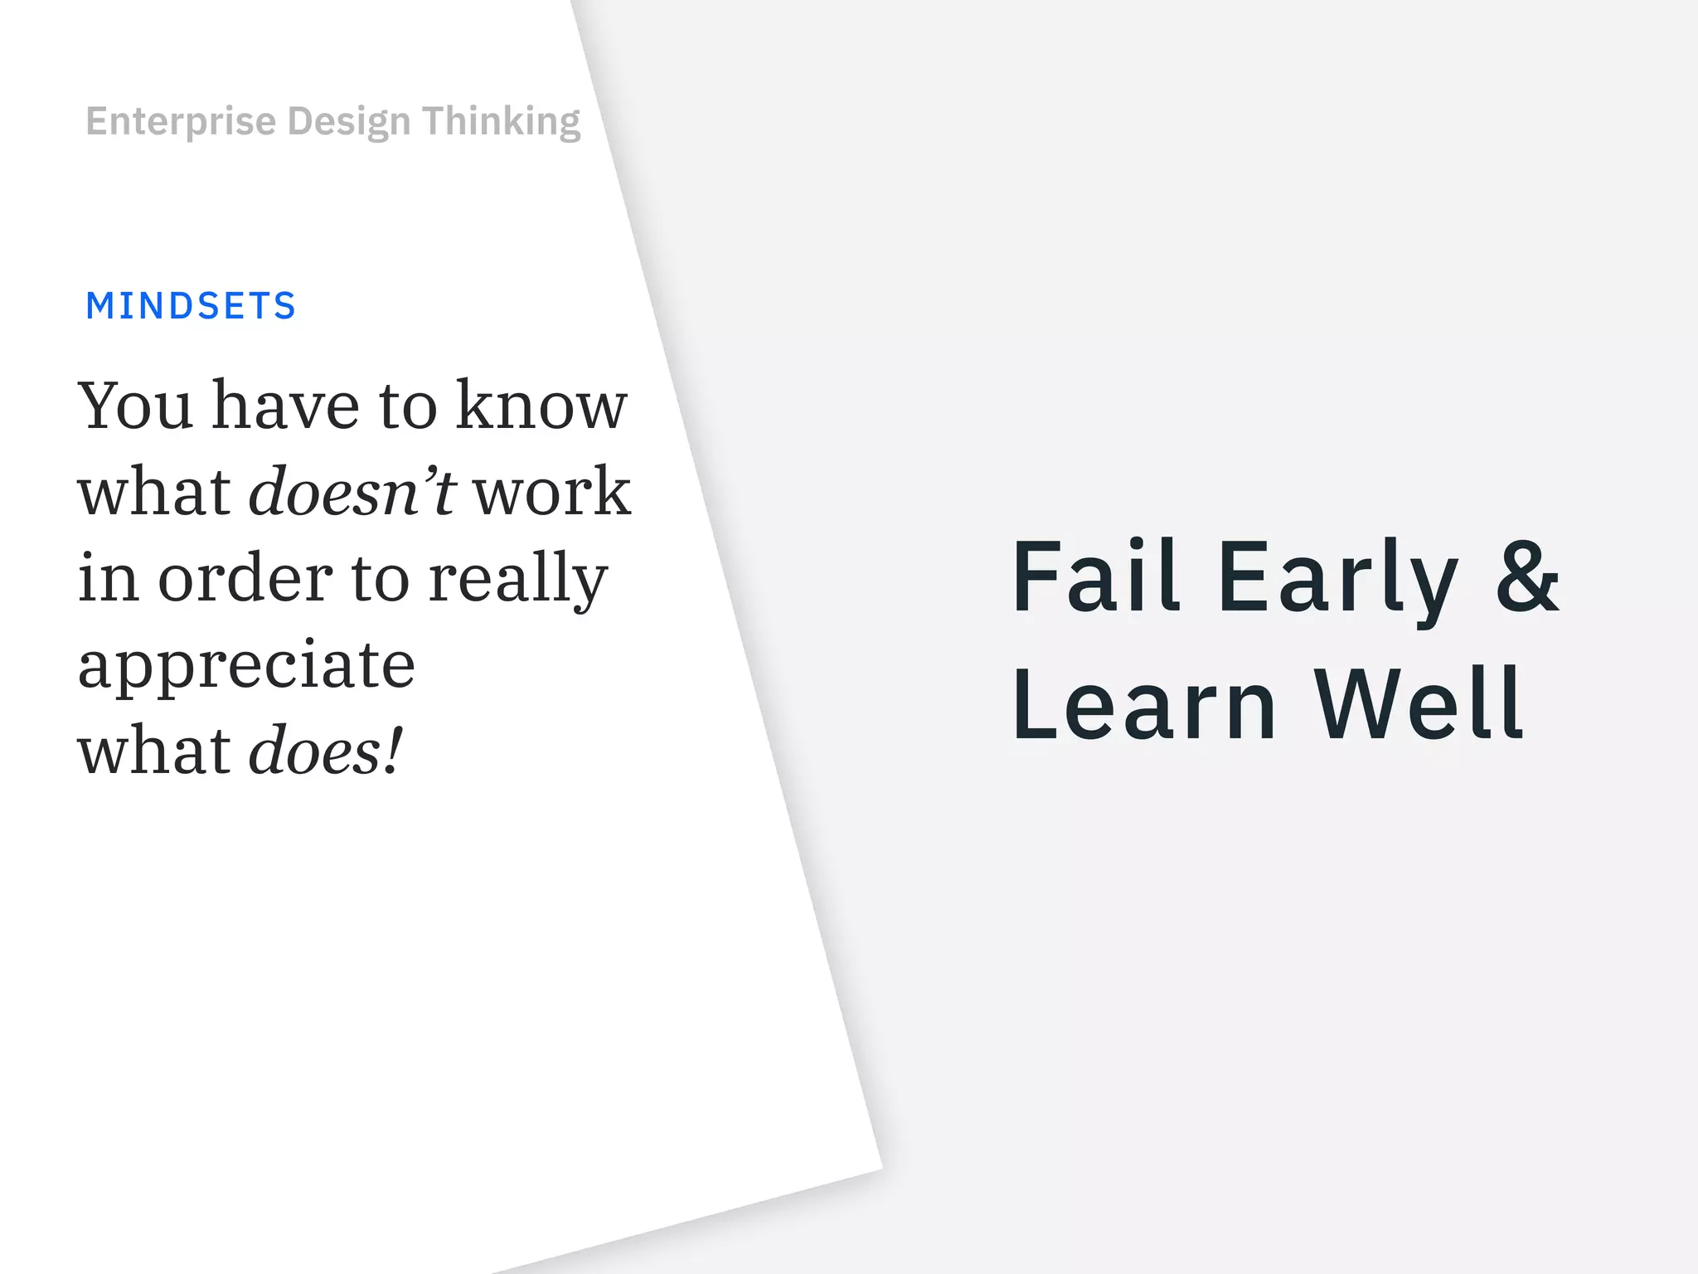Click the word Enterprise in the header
click(x=181, y=122)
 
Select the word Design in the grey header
click(x=348, y=122)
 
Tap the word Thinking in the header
click(x=501, y=122)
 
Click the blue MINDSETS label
click(x=191, y=306)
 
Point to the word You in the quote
click(x=135, y=406)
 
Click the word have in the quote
click(x=286, y=406)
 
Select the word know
click(x=541, y=406)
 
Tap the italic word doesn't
click(x=352, y=492)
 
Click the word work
click(x=552, y=492)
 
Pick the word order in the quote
click(x=245, y=578)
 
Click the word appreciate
click(x=246, y=666)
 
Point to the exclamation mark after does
click(x=394, y=749)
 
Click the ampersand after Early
click(x=1527, y=576)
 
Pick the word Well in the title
click(x=1419, y=704)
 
